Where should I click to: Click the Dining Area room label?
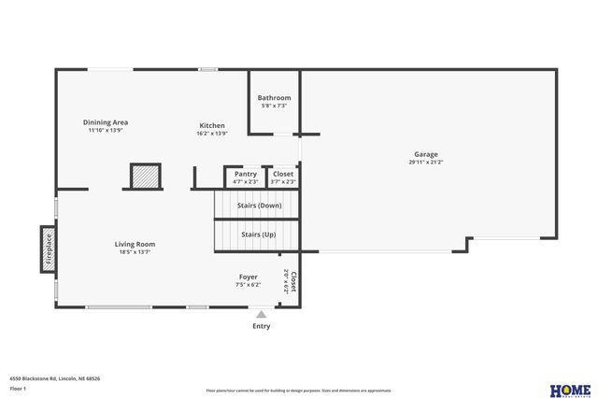tap(106, 122)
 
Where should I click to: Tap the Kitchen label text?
tap(212, 125)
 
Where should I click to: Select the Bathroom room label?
tap(274, 98)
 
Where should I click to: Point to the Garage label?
tap(425, 154)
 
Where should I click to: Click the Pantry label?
tap(246, 174)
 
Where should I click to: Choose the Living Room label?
tap(135, 244)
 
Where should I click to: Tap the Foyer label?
tap(248, 277)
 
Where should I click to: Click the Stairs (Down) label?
tap(259, 205)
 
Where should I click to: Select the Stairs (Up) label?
tap(258, 234)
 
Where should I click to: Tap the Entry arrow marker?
tap(262, 316)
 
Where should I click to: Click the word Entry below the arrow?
tap(262, 326)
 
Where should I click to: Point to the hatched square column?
tap(145, 177)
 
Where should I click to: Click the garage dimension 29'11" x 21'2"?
tap(425, 163)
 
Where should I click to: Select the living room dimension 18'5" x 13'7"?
tap(135, 252)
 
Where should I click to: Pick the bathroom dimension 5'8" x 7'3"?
tap(274, 107)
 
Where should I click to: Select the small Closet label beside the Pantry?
tap(283, 174)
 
